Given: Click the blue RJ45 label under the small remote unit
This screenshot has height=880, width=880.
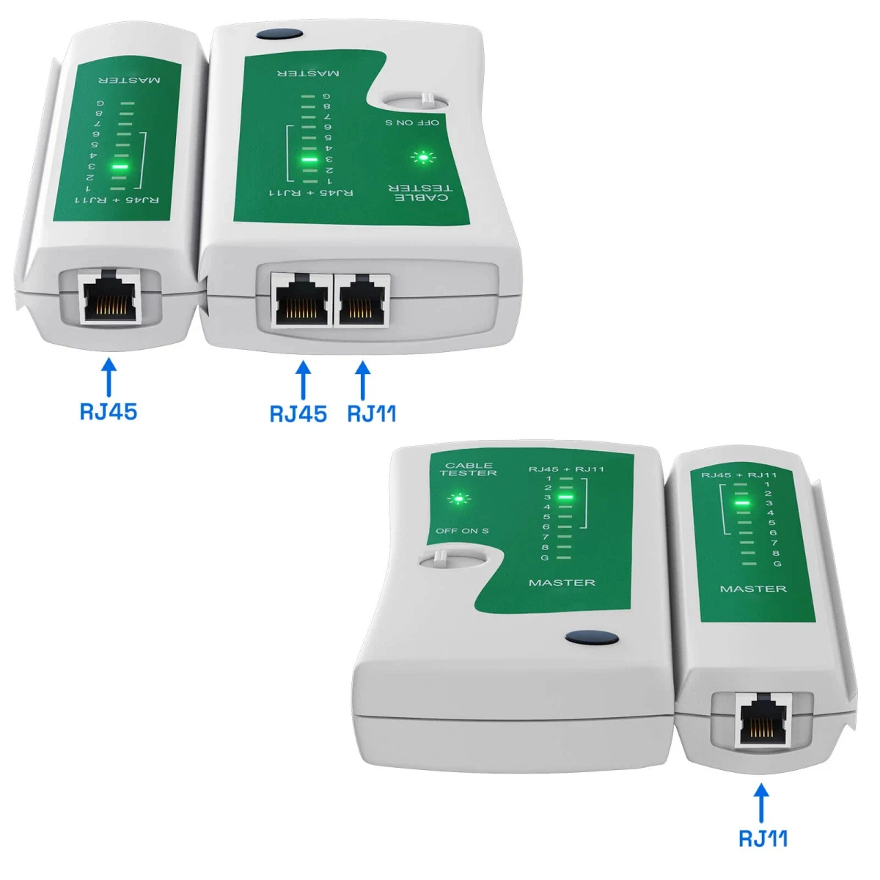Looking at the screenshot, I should tap(108, 411).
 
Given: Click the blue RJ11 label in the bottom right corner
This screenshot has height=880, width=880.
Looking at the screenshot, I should tap(763, 837).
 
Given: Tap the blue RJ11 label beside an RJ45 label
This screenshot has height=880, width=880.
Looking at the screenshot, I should tap(371, 413).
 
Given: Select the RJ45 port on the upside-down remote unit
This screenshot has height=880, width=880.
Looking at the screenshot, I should tap(110, 297).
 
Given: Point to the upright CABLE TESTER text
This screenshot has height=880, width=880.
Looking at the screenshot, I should tap(469, 469).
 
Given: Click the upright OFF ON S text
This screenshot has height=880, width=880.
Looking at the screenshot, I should tap(462, 531).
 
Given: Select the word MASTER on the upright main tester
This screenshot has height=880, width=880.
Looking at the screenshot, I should tap(562, 582).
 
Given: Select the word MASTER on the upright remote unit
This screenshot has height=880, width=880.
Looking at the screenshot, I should tap(753, 589).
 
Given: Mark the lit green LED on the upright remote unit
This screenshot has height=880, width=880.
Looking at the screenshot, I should tap(742, 503).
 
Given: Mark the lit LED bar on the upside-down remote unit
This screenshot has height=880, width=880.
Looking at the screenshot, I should tap(118, 166).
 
